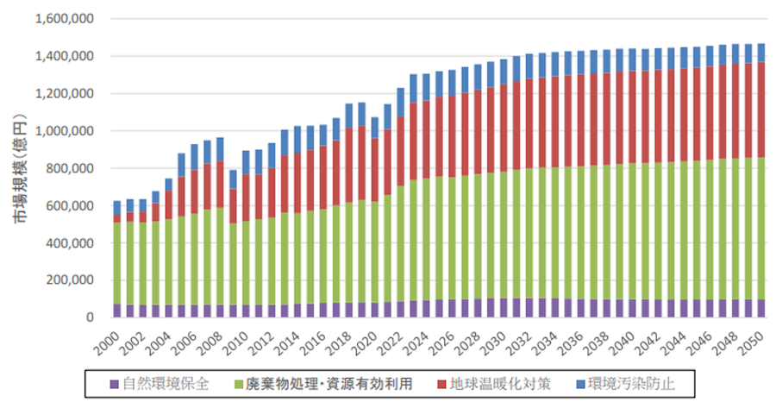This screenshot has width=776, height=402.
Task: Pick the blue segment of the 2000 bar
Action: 117,208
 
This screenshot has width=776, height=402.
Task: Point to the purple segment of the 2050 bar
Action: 761,308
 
